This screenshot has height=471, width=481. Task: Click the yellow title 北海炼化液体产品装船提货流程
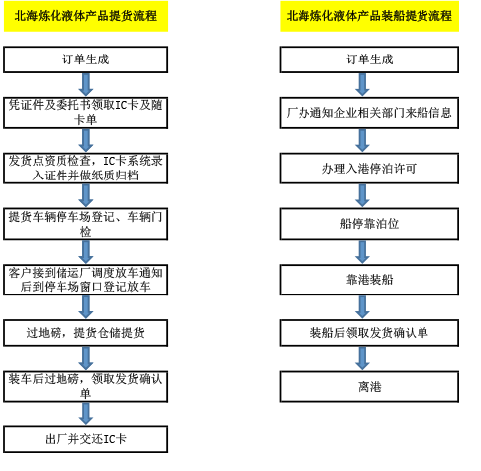369,16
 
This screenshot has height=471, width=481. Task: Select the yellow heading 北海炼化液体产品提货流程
85,16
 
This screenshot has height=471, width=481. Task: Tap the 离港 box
369,387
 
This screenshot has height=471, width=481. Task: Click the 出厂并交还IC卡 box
85,439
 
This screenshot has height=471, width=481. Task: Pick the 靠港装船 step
369,280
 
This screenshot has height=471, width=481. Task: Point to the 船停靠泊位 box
369,224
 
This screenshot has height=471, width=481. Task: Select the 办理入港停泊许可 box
369,169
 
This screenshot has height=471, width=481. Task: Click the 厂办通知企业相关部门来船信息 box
369,113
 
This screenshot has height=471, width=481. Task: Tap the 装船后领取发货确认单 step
369,333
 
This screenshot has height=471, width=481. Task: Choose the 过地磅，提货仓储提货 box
85,333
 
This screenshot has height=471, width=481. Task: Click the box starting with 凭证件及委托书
85,113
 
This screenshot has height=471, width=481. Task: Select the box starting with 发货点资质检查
85,169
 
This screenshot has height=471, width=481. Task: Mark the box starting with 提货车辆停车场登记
85,224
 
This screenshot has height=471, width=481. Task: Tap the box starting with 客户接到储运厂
85,280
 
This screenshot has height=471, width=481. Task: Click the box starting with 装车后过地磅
85,387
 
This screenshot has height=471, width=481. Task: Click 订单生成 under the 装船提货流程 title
369,59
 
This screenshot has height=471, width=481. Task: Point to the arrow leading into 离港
362,359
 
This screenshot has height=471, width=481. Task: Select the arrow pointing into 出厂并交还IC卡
86,414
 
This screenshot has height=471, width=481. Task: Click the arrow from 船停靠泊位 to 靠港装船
362,252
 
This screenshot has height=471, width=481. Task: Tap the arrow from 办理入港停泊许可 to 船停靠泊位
362,196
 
